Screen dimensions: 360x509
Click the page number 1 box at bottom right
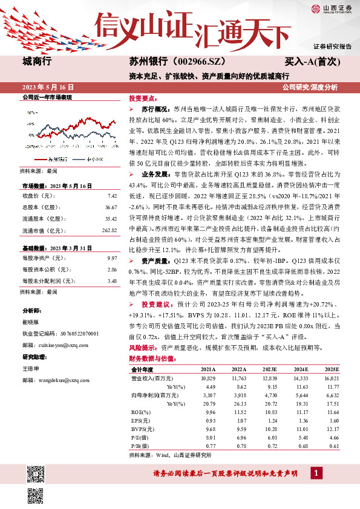[x=315, y=473]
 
